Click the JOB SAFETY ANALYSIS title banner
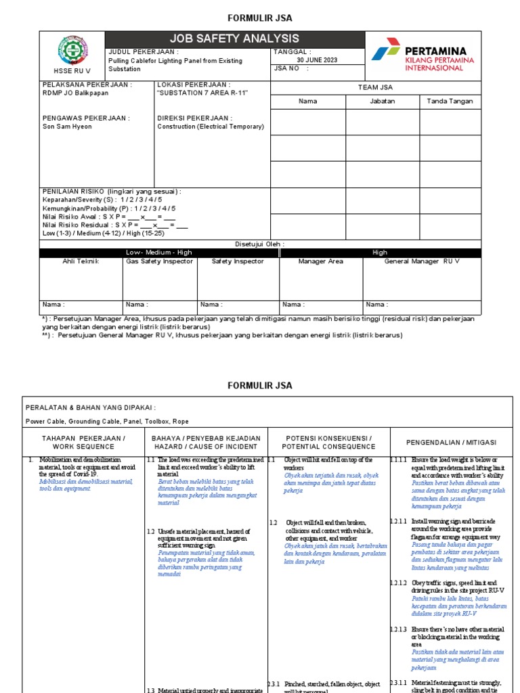coord(234,39)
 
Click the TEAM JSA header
coord(375,87)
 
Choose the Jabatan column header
coord(383,102)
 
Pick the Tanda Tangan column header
coord(450,102)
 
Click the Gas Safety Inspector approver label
coord(159,261)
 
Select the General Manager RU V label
coord(422,261)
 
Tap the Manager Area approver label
coord(321,261)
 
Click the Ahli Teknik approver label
coord(81,261)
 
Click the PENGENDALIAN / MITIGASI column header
coord(451,442)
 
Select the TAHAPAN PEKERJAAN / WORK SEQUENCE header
coord(84,442)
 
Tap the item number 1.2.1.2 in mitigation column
coord(399,583)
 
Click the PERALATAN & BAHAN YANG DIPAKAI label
coord(90,407)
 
